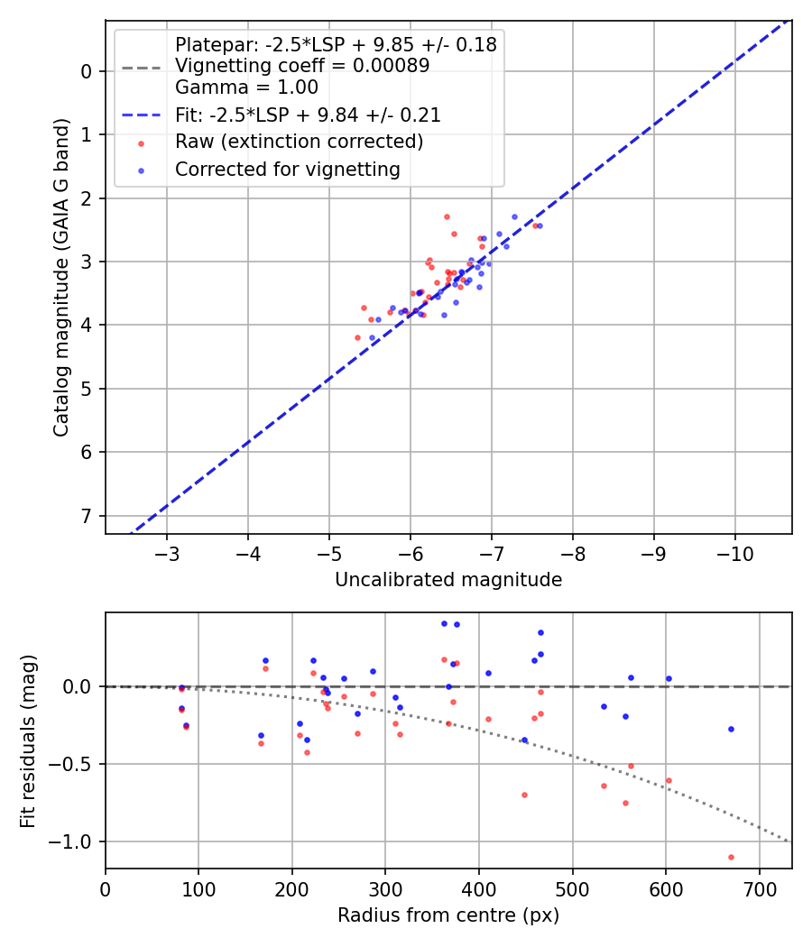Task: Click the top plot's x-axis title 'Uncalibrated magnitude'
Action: [x=448, y=580]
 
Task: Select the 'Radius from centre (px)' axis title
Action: [x=448, y=915]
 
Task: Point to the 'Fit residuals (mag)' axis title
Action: [x=28, y=740]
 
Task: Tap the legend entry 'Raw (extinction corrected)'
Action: [x=299, y=142]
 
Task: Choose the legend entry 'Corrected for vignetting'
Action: [x=287, y=169]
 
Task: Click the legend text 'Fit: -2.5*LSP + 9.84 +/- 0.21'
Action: [x=308, y=115]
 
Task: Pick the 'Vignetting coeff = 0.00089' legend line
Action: [x=302, y=66]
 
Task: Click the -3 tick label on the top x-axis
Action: [x=167, y=552]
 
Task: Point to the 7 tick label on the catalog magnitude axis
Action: [x=88, y=516]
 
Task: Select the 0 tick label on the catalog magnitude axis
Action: [x=88, y=71]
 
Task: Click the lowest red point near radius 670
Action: [x=731, y=857]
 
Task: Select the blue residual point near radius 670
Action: [x=731, y=729]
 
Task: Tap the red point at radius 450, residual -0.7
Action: [x=524, y=795]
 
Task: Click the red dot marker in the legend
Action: [x=141, y=143]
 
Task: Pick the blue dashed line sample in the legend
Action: [x=141, y=115]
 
